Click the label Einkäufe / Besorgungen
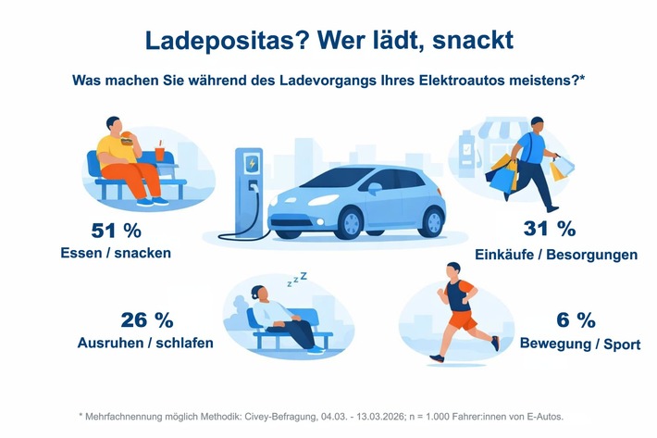click(x=554, y=254)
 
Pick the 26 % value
click(x=147, y=320)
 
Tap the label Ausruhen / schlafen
click(x=146, y=344)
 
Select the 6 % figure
click(x=575, y=321)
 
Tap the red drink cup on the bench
click(x=159, y=151)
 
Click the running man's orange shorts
click(x=462, y=319)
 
